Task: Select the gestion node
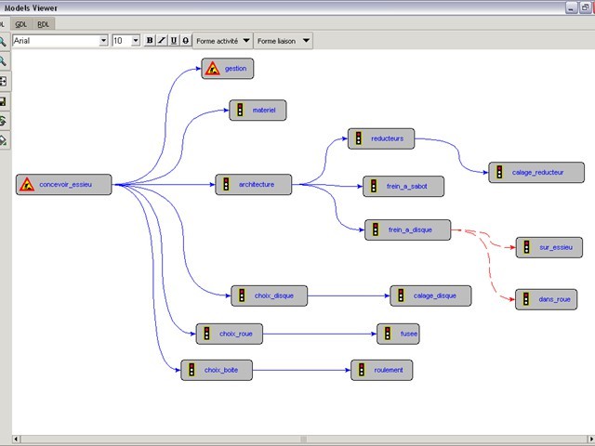[227, 68]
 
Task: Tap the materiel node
[258, 111]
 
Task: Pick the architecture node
[252, 185]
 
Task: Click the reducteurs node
[381, 138]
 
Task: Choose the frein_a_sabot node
[403, 187]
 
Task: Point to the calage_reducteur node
[536, 172]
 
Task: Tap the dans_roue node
[546, 299]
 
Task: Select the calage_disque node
[430, 295]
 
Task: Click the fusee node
[398, 333]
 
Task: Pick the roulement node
[381, 370]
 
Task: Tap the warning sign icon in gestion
[212, 68]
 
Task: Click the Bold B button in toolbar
[150, 41]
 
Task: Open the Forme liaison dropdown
[283, 41]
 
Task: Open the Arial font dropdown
[103, 41]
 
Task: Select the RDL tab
[44, 24]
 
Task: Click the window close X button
[587, 7]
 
